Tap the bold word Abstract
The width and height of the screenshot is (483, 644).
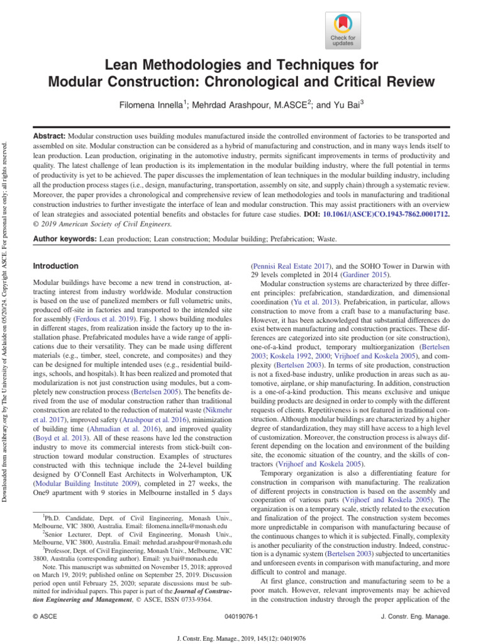tap(49, 136)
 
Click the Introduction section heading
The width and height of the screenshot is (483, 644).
tap(55, 266)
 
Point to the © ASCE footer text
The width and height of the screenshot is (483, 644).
tap(45, 618)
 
